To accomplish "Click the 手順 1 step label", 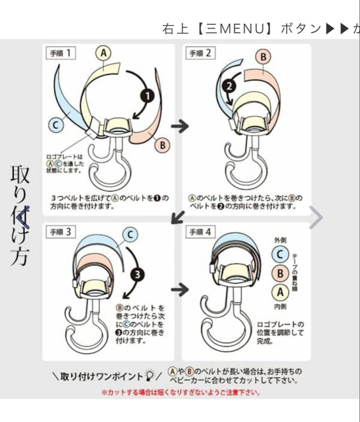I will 60,53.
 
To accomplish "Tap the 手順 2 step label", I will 200,53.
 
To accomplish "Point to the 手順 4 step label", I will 200,232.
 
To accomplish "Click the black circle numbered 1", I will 147,96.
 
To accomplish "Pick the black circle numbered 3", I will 137,275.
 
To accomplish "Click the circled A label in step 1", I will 103,53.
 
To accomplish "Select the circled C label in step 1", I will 56,125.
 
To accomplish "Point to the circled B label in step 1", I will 162,145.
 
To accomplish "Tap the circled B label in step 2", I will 263,57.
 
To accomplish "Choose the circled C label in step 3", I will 130,235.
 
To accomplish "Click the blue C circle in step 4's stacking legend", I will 280,254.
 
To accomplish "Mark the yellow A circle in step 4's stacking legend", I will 280,292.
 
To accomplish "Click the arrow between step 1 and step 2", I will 180,126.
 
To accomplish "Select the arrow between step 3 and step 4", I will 180,290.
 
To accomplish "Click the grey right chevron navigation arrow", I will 316,218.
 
